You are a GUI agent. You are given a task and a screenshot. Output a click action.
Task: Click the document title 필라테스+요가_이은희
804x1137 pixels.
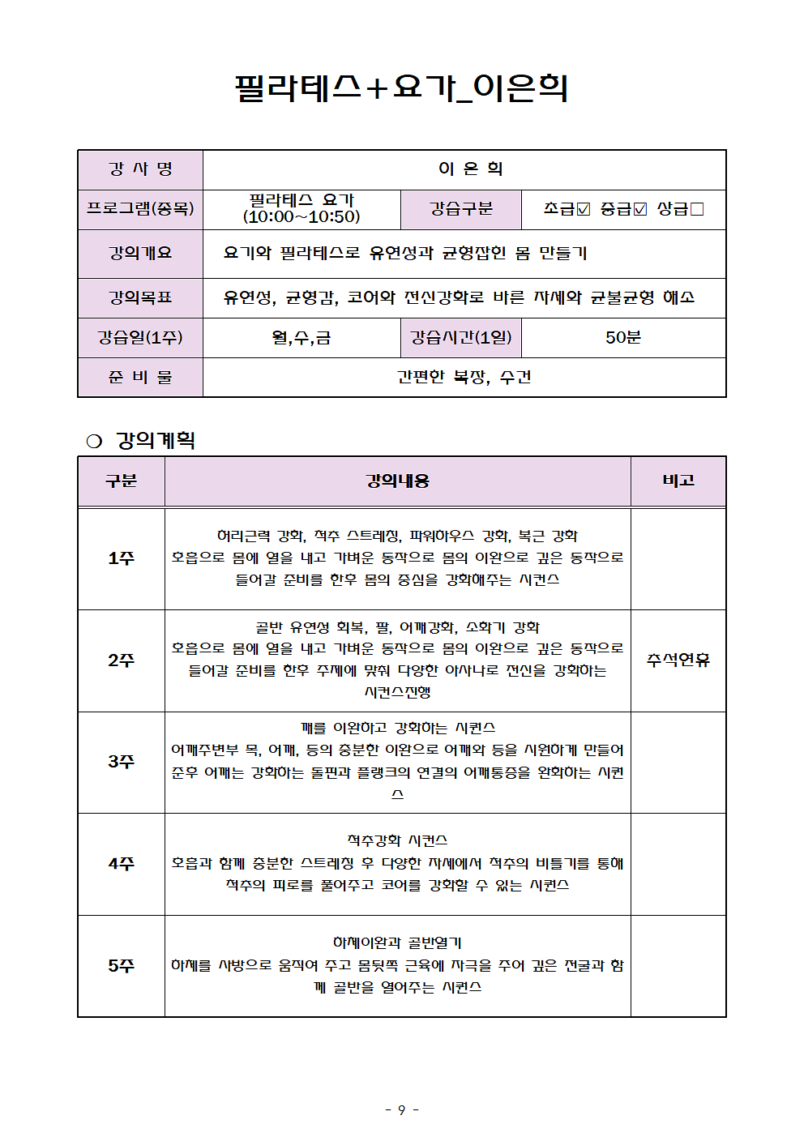(x=401, y=88)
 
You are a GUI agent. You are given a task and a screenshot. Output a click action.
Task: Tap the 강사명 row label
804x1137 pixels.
(x=140, y=169)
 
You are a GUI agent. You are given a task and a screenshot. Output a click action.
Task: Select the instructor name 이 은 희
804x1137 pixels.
(x=470, y=169)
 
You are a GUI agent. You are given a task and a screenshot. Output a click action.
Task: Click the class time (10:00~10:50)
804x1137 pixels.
(x=301, y=217)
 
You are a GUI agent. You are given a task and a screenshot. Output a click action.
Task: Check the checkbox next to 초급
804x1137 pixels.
(x=584, y=209)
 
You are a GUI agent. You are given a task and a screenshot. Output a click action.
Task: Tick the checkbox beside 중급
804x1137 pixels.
(x=640, y=209)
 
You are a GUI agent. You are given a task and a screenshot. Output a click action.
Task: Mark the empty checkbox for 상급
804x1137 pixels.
(x=697, y=209)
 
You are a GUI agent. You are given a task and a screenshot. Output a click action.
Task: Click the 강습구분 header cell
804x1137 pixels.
(x=461, y=209)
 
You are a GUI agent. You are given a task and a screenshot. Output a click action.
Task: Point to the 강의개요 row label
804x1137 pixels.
(x=140, y=253)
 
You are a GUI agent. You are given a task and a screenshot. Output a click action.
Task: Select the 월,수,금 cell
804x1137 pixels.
(x=301, y=337)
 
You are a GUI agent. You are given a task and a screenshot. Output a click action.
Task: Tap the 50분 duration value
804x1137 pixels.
(x=622, y=337)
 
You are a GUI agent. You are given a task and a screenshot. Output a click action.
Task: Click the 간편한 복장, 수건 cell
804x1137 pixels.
(x=464, y=377)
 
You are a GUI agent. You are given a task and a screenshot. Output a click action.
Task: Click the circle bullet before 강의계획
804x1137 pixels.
(x=94, y=441)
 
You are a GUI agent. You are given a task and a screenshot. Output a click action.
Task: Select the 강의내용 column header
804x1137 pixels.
(x=397, y=481)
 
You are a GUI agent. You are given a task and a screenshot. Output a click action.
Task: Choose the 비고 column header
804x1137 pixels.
(x=678, y=481)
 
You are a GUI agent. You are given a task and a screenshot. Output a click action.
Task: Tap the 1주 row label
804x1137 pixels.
(x=122, y=558)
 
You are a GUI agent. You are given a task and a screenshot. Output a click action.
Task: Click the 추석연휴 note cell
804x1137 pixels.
(x=678, y=660)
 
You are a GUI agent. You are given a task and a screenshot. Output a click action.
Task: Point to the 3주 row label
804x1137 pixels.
(x=122, y=762)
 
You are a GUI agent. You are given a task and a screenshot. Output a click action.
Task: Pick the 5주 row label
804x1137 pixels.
(x=122, y=966)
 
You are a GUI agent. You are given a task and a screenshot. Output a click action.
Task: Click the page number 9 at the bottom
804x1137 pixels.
(x=401, y=1109)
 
